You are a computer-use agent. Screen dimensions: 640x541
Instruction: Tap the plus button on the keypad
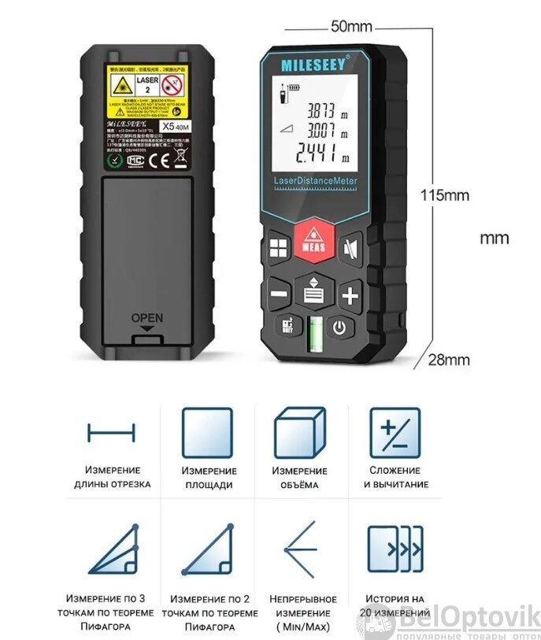pyautogui.click(x=350, y=296)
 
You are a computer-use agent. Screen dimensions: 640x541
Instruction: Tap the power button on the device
pyautogui.click(x=339, y=327)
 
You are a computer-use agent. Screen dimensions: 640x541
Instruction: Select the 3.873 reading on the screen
pyautogui.click(x=321, y=110)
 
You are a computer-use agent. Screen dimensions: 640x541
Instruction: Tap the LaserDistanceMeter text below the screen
pyautogui.click(x=316, y=183)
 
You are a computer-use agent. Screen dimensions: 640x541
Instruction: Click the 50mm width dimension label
pyautogui.click(x=350, y=26)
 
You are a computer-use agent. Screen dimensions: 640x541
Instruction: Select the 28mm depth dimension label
pyautogui.click(x=448, y=360)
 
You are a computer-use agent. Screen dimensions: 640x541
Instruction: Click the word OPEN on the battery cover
pyautogui.click(x=147, y=318)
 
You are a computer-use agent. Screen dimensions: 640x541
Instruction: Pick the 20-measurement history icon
pyautogui.click(x=395, y=547)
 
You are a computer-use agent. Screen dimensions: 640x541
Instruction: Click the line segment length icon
pyautogui.click(x=111, y=433)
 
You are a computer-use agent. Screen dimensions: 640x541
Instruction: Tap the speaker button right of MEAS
pyautogui.click(x=351, y=246)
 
